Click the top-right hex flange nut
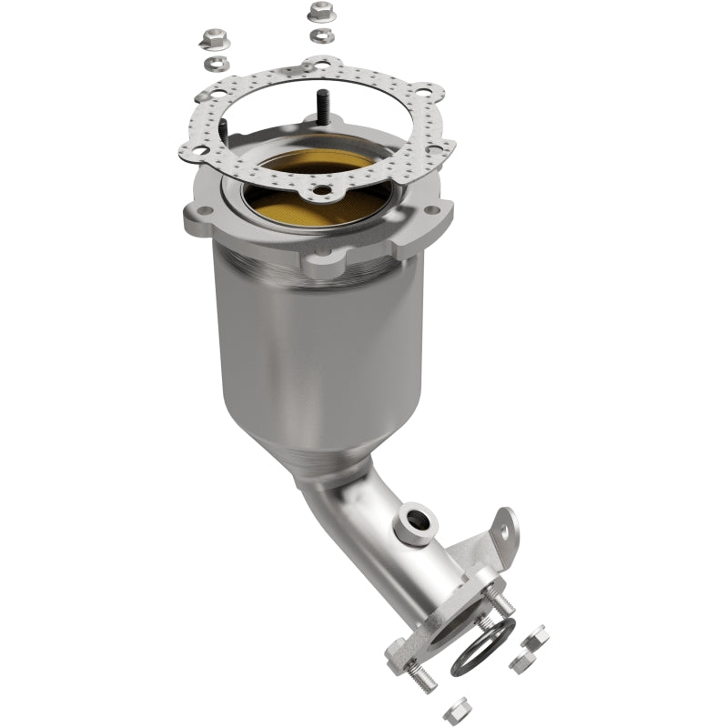pyautogui.click(x=319, y=12)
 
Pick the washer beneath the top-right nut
pyautogui.click(x=320, y=35)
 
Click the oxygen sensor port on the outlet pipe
pyautogui.click(x=416, y=522)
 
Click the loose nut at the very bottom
pyautogui.click(x=460, y=705)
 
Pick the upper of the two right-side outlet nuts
pyautogui.click(x=538, y=636)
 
